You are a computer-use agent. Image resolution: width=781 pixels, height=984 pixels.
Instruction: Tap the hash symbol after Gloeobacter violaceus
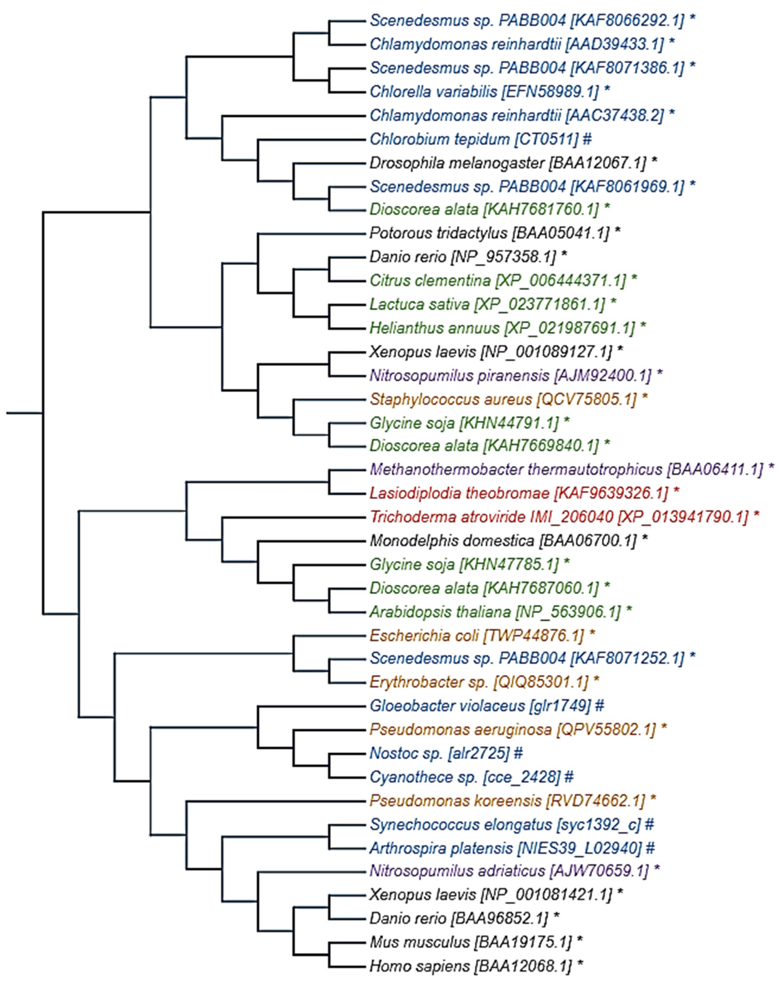click(599, 706)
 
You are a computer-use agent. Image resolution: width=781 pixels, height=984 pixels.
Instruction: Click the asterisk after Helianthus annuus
click(643, 328)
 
